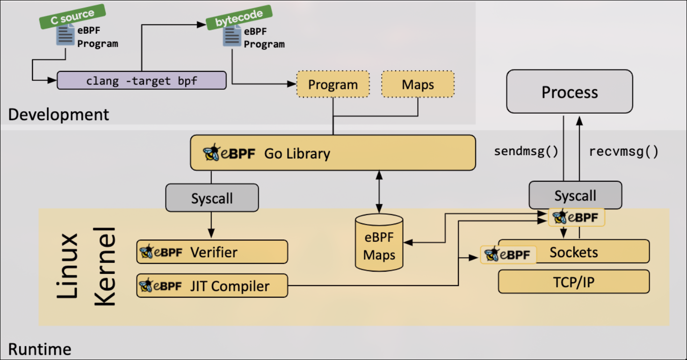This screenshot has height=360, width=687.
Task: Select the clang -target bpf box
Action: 142,80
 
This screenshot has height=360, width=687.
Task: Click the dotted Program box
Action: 333,85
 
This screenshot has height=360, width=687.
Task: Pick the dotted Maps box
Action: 418,85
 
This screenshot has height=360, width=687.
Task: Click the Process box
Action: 570,92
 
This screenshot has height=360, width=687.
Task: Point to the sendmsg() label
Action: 526,151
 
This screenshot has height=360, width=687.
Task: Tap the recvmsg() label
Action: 623,151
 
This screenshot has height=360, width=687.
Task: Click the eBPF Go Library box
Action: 333,153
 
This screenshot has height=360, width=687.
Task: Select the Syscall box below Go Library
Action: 212,198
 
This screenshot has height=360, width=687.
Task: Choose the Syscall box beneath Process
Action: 575,195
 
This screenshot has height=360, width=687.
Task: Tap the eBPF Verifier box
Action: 212,252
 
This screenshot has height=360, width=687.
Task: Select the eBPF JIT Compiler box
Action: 212,286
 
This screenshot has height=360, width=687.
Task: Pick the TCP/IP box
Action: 574,282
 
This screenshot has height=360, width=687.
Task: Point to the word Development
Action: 58,115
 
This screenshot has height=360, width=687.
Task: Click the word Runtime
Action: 40,349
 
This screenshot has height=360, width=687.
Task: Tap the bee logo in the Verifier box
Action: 147,252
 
